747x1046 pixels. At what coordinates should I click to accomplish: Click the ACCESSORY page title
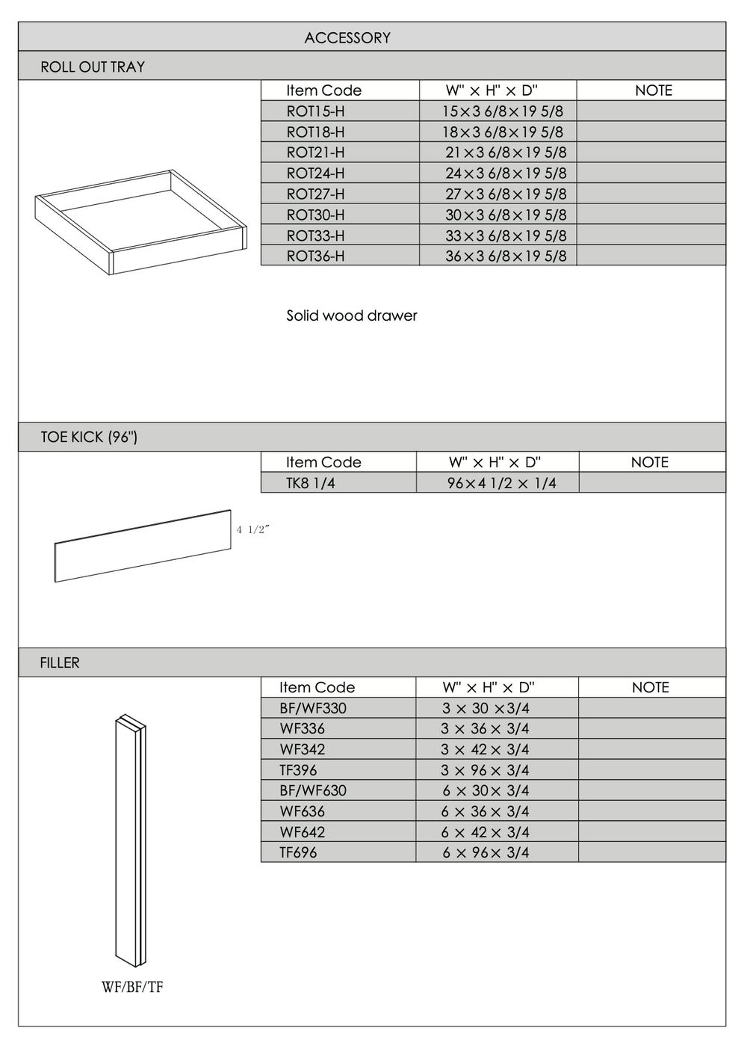pos(347,37)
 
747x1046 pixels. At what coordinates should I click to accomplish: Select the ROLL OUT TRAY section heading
pos(93,67)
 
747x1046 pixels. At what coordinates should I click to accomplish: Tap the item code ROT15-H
pos(315,111)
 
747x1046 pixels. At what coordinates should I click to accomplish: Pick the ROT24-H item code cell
pos(315,173)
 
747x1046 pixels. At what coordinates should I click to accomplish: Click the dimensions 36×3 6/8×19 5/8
pos(506,256)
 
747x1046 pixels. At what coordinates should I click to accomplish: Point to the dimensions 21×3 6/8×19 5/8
pos(506,153)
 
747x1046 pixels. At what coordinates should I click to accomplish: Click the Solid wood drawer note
pos(351,316)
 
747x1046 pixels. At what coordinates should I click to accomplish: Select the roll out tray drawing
pos(140,222)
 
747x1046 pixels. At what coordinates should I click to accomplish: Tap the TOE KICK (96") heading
pos(89,437)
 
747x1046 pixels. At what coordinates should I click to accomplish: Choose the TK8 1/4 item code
pos(310,483)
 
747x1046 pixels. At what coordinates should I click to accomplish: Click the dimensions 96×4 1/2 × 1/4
pos(501,483)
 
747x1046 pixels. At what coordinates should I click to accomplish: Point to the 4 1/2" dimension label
pos(252,529)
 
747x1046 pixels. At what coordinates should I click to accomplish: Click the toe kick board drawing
pos(142,546)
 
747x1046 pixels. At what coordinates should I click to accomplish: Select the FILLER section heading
pos(60,662)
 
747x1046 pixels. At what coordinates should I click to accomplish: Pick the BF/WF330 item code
pos(312,708)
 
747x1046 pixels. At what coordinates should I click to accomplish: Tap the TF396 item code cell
pos(298,770)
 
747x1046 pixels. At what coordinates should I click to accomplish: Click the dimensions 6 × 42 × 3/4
pos(485,832)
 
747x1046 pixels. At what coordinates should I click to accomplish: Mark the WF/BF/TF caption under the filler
pos(132,987)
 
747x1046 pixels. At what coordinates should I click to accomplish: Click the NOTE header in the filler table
pos(650,687)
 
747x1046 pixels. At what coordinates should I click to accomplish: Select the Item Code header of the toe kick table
pos(323,462)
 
